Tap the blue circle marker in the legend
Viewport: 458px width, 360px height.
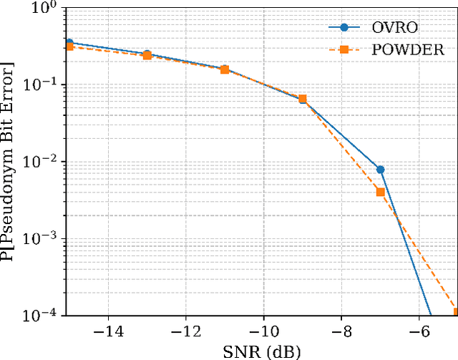tap(343, 28)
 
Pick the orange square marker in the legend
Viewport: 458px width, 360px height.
tap(343, 50)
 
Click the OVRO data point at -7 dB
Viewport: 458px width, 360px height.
tap(380, 170)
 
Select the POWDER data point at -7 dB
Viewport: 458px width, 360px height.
tap(380, 192)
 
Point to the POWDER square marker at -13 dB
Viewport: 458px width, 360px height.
tap(147, 55)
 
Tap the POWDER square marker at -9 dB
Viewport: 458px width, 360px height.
tap(302, 99)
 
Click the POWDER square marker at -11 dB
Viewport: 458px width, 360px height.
tap(225, 69)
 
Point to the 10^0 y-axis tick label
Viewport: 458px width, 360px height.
tap(46, 9)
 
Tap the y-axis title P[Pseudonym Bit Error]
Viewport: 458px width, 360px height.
tap(9, 161)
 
